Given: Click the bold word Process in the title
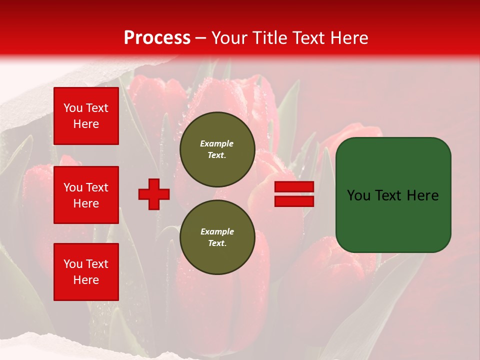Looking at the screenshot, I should click(157, 38).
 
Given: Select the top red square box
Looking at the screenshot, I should click(86, 116).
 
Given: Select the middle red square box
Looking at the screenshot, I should click(86, 195).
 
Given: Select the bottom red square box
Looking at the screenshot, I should click(86, 271).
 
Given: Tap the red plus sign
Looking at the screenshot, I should click(154, 194).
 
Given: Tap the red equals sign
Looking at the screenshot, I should click(294, 194).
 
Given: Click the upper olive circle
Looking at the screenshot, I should click(217, 149).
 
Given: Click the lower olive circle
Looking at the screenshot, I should click(217, 237).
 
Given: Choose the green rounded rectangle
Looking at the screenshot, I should click(393, 195).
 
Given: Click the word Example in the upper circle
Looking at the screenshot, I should click(217, 143).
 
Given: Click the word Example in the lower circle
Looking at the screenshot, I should click(217, 231).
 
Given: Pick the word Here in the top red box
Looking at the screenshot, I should click(86, 124).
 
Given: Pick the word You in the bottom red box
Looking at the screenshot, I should click(73, 264).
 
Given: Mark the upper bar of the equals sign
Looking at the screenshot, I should click(294, 187).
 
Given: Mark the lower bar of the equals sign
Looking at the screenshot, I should click(294, 201).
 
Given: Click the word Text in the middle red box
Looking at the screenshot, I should click(96, 187).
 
